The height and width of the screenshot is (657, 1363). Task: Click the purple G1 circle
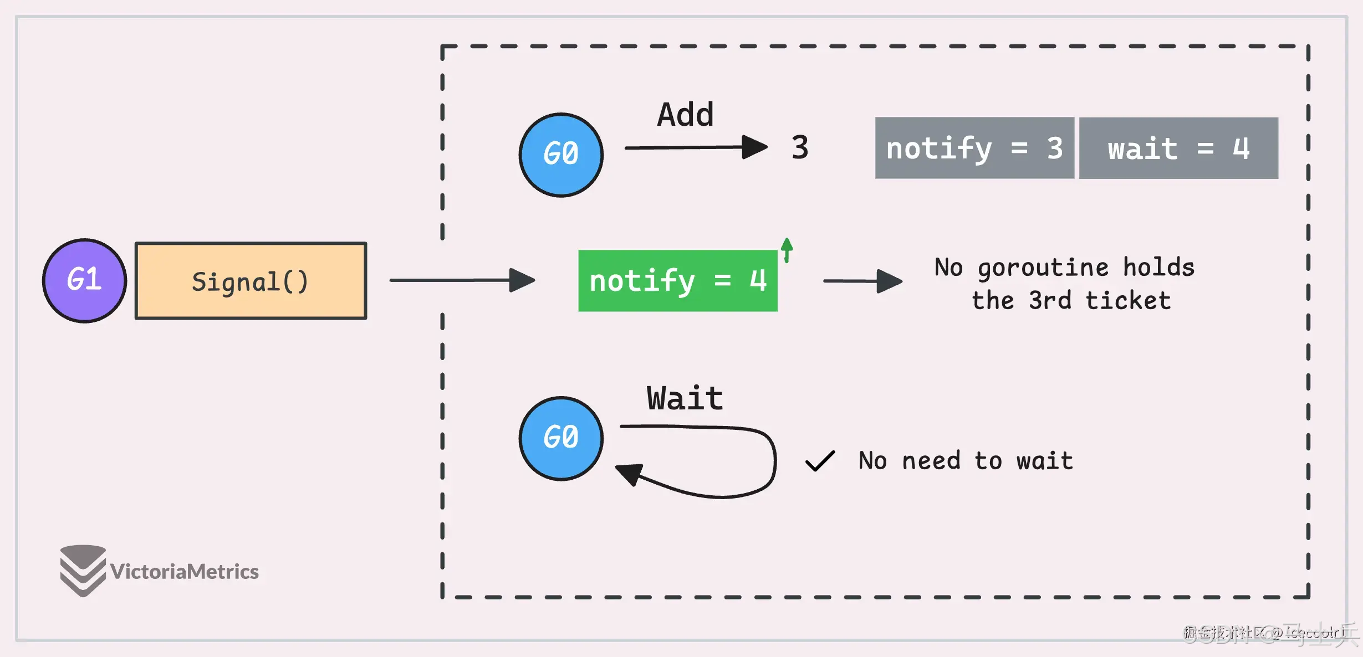[84, 281]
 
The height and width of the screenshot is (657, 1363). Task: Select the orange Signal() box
[251, 281]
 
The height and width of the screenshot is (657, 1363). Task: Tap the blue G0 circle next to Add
[561, 155]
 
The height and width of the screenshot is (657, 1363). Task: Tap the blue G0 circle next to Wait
[561, 438]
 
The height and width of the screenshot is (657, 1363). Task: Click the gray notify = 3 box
[974, 148]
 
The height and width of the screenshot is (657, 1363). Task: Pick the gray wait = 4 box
[1178, 148]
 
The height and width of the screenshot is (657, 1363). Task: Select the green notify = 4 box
[677, 281]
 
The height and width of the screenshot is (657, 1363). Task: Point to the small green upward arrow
[787, 250]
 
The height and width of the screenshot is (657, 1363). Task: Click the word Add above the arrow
[685, 115]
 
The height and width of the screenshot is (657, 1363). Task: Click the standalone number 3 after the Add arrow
[800, 147]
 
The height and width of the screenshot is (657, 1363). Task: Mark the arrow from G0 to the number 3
[696, 147]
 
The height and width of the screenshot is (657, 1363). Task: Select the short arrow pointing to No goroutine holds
[862, 281]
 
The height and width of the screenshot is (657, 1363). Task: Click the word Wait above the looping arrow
[685, 398]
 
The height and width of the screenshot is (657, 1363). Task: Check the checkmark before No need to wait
[820, 461]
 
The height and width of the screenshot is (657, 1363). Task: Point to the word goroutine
[1043, 268]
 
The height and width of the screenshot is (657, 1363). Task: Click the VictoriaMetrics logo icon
[83, 570]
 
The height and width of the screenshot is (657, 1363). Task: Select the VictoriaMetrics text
[184, 571]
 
